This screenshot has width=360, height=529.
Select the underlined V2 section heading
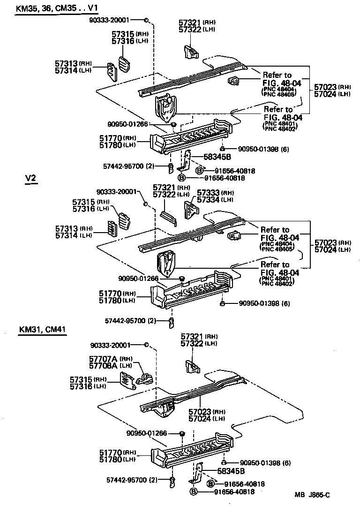31,179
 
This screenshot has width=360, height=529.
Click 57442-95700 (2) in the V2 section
130,321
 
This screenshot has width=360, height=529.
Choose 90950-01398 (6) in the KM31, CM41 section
265,463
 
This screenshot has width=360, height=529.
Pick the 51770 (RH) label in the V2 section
117,293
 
